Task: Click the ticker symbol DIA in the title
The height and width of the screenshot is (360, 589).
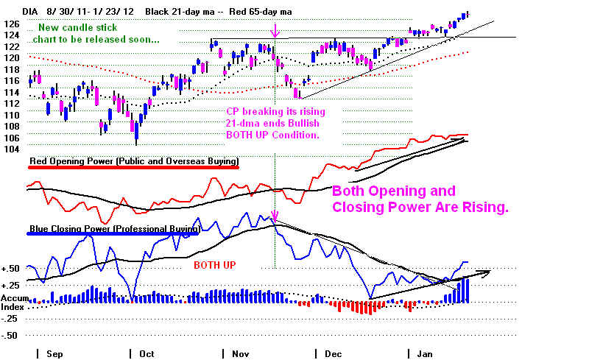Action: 30,12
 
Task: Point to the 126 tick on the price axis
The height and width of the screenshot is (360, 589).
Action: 11,24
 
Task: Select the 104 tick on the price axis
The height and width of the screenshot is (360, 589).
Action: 11,149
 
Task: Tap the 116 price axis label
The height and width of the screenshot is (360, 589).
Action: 11,81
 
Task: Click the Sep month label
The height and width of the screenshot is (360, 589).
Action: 54,354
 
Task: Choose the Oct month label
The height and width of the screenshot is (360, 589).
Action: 147,354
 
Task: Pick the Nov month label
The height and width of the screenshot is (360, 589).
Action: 241,354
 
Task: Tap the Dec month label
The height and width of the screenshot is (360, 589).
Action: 334,354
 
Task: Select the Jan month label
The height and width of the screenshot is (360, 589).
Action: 425,354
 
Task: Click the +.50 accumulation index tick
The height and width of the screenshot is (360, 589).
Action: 10,269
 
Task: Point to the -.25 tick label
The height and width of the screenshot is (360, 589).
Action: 10,319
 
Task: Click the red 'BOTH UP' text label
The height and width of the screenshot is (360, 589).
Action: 215,265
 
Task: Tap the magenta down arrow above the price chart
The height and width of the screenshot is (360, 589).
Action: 275,31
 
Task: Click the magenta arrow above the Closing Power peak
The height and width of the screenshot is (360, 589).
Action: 275,216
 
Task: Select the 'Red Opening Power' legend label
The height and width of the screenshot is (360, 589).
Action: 134,161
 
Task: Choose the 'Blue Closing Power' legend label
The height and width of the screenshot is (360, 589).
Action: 115,229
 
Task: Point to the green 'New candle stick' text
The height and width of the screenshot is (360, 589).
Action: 78,27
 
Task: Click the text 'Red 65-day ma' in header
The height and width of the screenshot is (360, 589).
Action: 261,12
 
